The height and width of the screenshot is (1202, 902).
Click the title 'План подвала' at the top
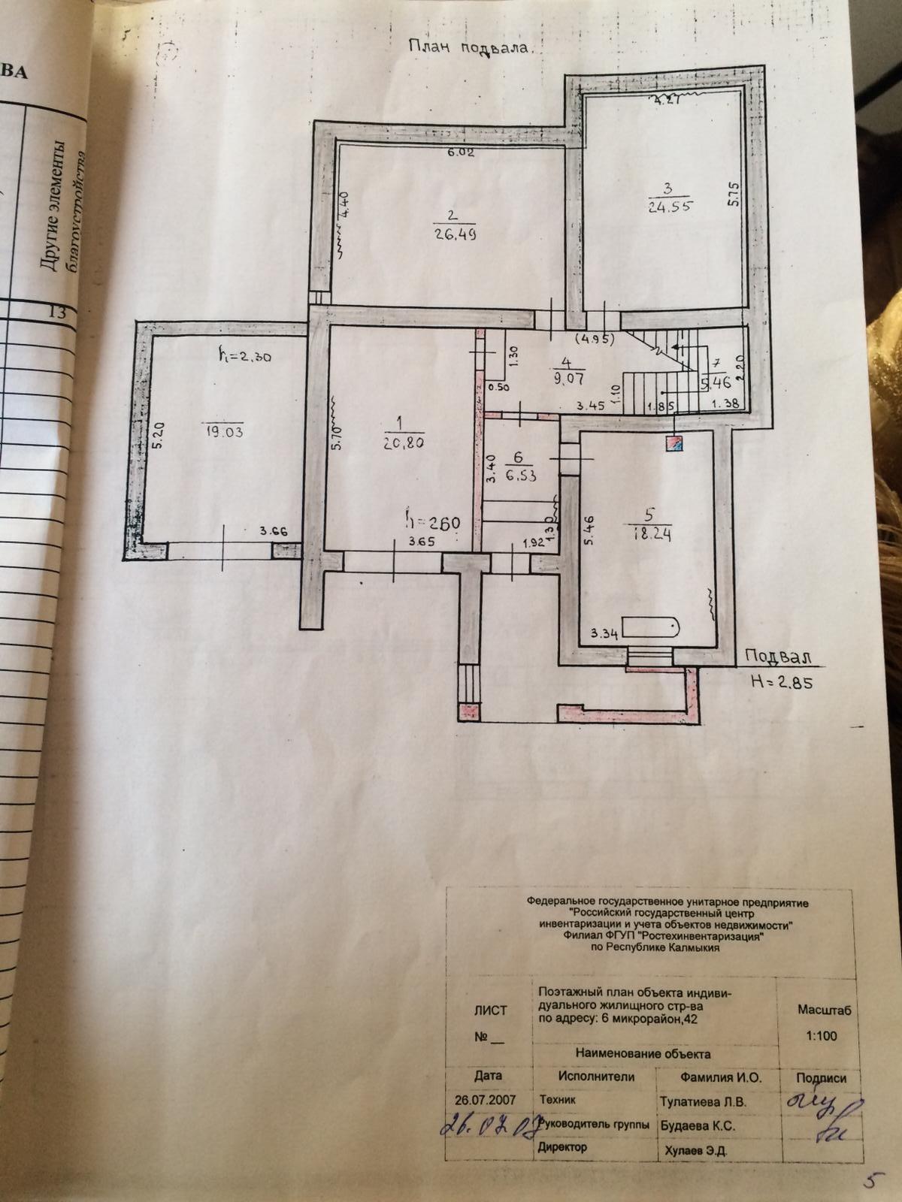coord(470,47)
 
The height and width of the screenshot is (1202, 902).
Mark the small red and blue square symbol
coord(673,443)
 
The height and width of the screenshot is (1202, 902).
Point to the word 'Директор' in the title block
coord(561,1147)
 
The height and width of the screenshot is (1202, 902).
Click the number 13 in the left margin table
coord(56,313)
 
